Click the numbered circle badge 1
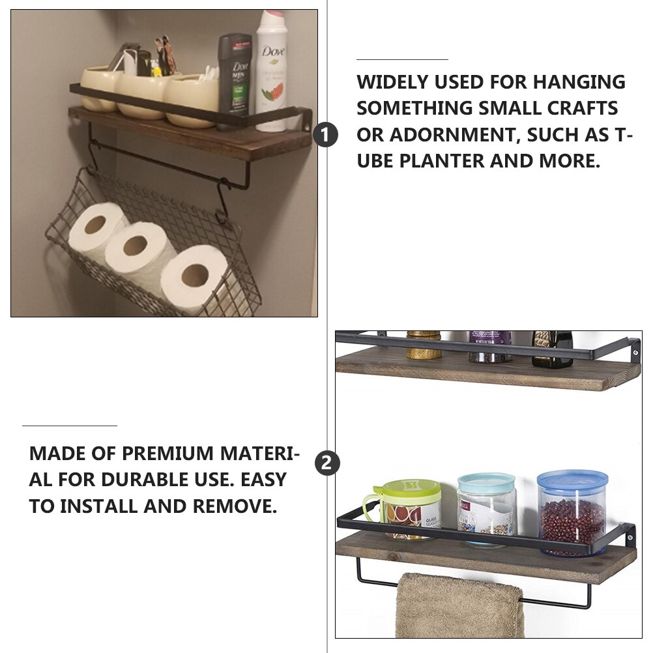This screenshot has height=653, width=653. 325,134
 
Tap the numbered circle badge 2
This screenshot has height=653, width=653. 327,463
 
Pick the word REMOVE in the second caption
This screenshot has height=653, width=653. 235,506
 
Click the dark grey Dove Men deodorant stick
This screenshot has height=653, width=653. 235,75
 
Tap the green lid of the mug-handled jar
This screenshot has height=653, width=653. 411,491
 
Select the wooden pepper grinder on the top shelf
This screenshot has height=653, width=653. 424,345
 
